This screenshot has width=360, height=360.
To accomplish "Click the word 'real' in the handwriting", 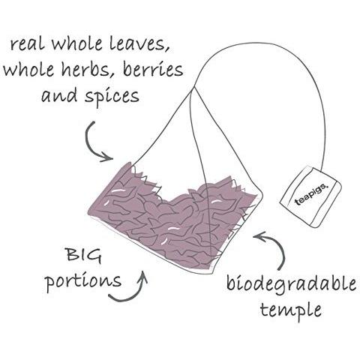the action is click(27, 44).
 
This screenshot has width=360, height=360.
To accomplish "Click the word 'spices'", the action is click(112, 97).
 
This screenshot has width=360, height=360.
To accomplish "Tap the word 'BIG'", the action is click(84, 256).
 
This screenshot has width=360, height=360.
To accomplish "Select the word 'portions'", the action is click(83, 282).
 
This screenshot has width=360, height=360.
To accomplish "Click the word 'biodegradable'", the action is click(291, 284).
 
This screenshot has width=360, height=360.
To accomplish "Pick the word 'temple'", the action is click(291, 310).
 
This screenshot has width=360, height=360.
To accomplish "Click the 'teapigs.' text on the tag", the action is click(310, 194).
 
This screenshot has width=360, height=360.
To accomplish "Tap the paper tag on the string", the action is click(310, 196).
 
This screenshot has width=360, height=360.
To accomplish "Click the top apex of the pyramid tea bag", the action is click(195, 87).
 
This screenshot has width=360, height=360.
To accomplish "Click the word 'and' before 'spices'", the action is click(59, 95).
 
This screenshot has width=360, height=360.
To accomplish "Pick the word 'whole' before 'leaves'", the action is click(76, 43).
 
